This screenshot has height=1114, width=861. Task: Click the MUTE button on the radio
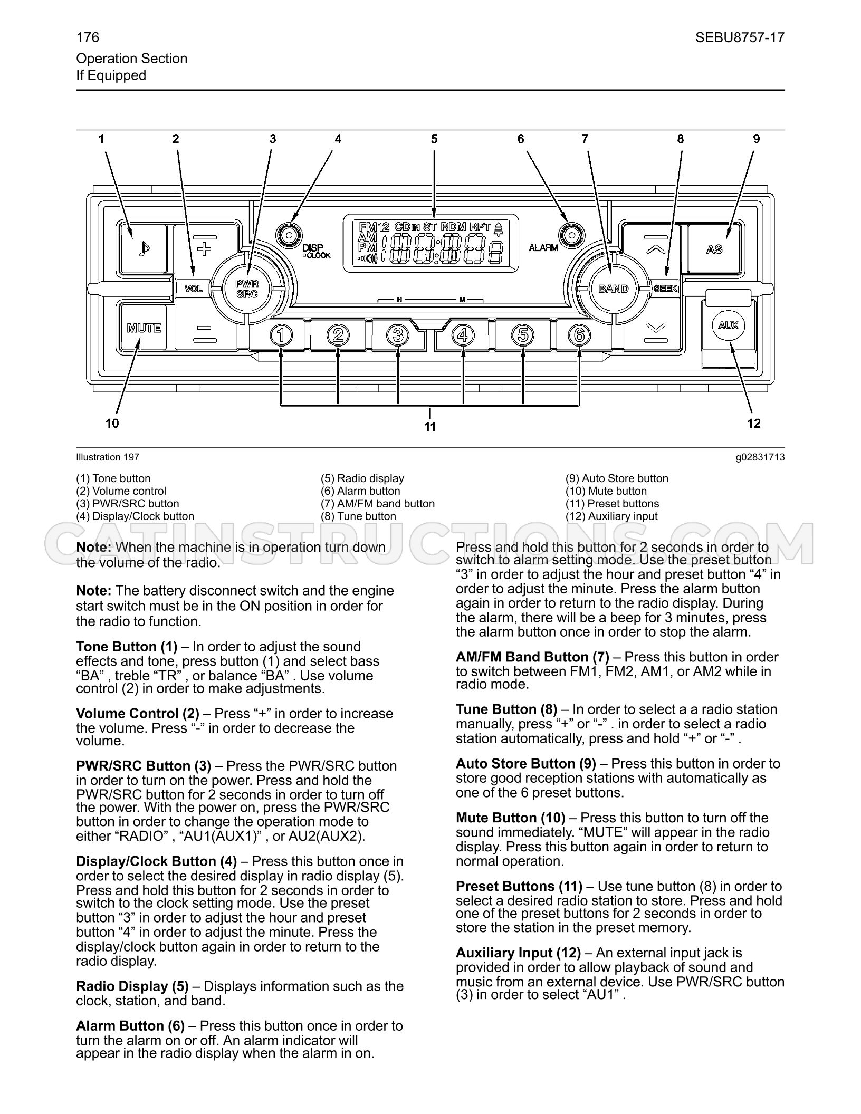(x=143, y=328)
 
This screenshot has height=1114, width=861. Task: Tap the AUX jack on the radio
(x=729, y=325)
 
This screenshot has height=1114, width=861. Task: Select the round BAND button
(x=614, y=289)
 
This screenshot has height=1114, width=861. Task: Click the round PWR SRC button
(x=247, y=289)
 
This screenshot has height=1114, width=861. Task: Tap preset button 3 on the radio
(x=398, y=335)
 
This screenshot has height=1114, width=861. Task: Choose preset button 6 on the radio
(x=579, y=335)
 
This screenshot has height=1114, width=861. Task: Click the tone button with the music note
(x=143, y=248)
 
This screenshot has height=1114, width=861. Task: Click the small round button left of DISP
(x=289, y=235)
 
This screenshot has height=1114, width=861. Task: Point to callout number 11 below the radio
(x=430, y=427)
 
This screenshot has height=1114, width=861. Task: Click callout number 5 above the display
(x=434, y=139)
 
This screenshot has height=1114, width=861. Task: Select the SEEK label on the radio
(x=666, y=289)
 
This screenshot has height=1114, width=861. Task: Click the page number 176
(x=88, y=37)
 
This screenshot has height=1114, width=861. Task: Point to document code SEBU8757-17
(x=740, y=37)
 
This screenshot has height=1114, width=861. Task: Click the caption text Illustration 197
(x=108, y=457)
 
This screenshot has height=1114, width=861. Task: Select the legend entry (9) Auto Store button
(x=617, y=478)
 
